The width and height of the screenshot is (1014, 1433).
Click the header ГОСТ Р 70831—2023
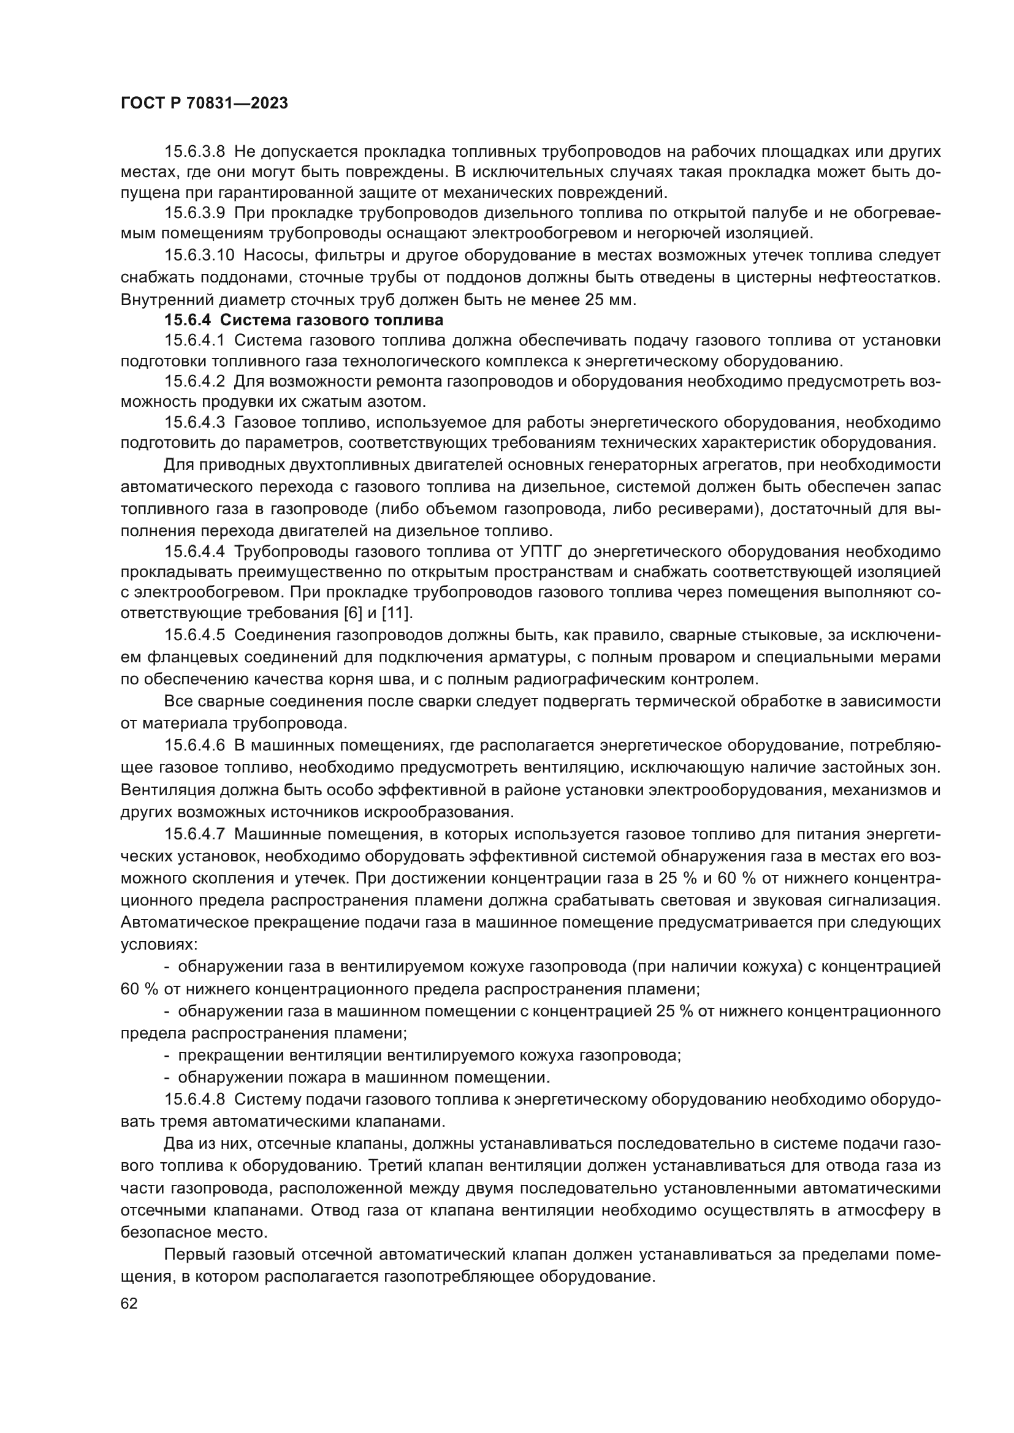pyautogui.click(x=204, y=104)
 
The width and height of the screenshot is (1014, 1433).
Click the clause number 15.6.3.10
pyautogui.click(x=199, y=255)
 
